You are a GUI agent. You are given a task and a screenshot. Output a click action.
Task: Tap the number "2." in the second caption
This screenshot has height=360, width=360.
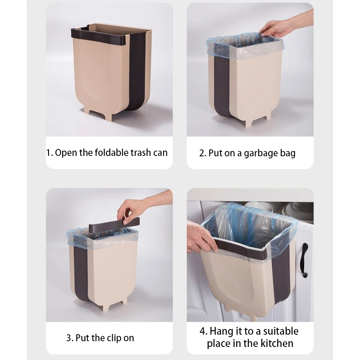click(203, 153)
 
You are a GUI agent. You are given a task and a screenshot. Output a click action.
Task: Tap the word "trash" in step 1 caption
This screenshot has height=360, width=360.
click(141, 153)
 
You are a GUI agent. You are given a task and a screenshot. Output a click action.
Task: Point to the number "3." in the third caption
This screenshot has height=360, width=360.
click(70, 338)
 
